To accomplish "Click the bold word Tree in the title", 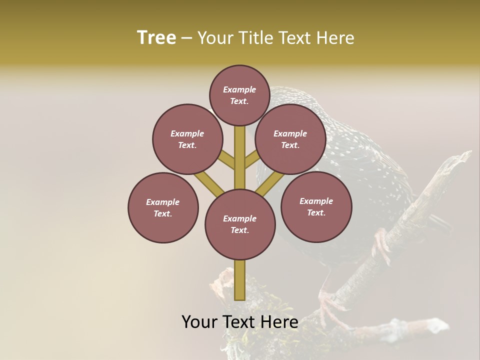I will click(x=156, y=38).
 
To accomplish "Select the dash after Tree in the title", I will click(x=186, y=38).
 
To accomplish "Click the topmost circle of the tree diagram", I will click(x=239, y=95).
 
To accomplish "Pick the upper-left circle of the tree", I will click(x=187, y=139).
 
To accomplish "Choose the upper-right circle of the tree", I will click(x=290, y=139).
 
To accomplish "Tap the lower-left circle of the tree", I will click(x=163, y=207).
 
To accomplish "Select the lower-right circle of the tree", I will click(x=316, y=206).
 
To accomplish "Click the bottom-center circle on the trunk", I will click(x=240, y=224).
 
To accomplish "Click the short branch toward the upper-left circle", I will click(x=227, y=160).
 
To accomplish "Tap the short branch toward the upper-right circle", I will click(x=251, y=160).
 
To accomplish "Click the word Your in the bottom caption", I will click(x=200, y=322).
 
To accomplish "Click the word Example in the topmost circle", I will click(x=239, y=89).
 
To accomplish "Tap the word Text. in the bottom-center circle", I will click(x=239, y=230).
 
